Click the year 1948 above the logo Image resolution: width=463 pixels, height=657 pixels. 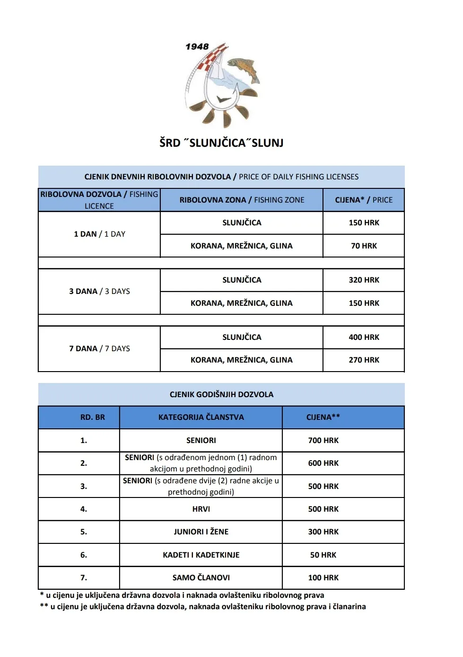point(197,46)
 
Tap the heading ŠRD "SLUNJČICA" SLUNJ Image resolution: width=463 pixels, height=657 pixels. point(221,142)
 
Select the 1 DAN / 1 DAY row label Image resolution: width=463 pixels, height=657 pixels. point(99,234)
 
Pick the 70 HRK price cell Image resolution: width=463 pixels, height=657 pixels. point(364,246)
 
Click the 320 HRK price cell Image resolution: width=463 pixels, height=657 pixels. point(364,280)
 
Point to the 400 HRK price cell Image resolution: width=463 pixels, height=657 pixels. point(364,337)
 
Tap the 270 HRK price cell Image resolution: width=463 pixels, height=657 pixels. point(364,360)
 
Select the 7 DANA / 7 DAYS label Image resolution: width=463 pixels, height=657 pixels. point(99,348)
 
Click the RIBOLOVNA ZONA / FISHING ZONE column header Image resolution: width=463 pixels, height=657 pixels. point(242,200)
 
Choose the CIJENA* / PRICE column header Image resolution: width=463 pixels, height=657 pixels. point(364,200)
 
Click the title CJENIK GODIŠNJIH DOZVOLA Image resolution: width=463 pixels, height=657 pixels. point(221,394)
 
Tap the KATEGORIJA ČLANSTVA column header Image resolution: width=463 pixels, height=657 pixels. point(201,417)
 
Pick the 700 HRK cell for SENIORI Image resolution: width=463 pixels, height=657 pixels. point(323,440)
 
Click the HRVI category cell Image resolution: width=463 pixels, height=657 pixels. point(201,509)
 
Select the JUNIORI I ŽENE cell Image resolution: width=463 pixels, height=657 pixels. point(201,532)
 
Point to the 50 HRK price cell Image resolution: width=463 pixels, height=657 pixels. point(323,555)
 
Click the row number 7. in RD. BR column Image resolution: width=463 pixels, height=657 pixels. point(84,577)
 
